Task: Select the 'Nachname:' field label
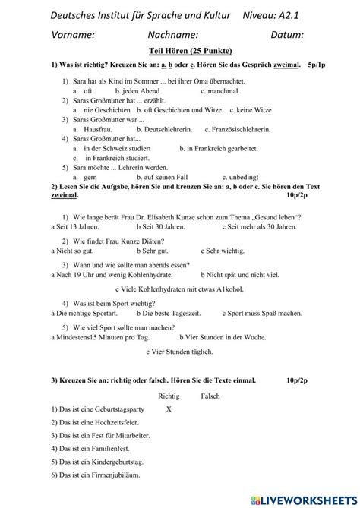click(x=173, y=34)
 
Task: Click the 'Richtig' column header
click(x=169, y=396)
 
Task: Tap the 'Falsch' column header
click(x=210, y=396)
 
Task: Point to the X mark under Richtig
click(x=169, y=409)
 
